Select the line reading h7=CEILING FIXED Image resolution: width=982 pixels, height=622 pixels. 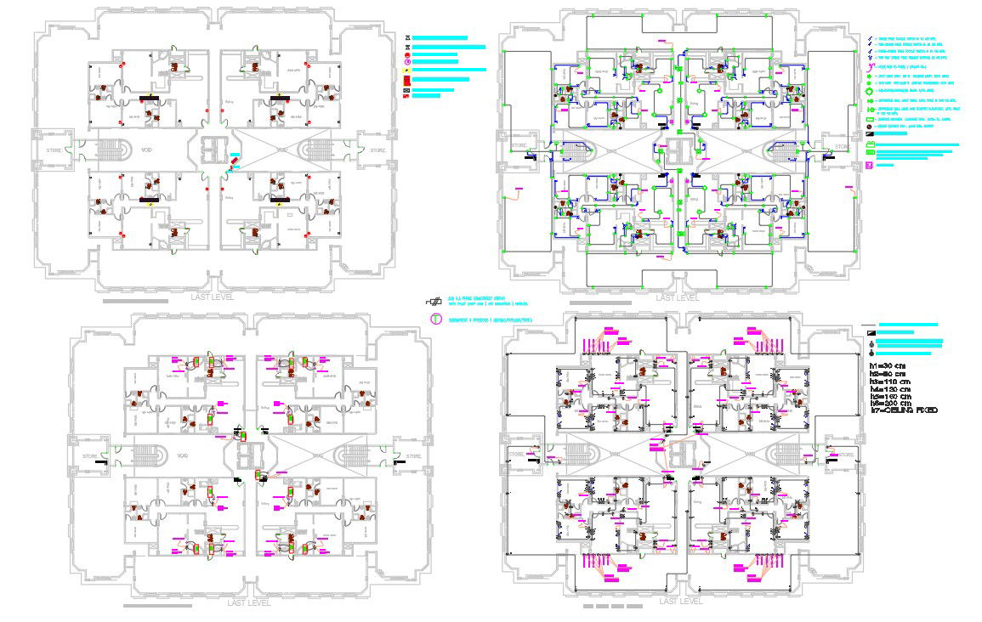pyautogui.click(x=905, y=411)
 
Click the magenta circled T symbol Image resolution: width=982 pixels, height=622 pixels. pyautogui.click(x=434, y=319)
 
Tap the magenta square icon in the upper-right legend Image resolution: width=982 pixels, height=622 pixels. pyautogui.click(x=869, y=165)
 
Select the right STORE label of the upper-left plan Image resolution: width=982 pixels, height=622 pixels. pyautogui.click(x=377, y=150)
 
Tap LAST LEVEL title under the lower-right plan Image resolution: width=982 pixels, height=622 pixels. pyautogui.click(x=680, y=601)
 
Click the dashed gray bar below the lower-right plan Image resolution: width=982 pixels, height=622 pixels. pyautogui.click(x=613, y=608)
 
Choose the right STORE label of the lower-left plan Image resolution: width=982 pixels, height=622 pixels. pyautogui.click(x=413, y=456)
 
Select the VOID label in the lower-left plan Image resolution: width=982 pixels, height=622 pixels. pyautogui.click(x=181, y=455)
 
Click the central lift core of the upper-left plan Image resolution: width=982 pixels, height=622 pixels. pyautogui.click(x=210, y=150)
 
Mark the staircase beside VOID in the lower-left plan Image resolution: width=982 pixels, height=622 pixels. pyautogui.click(x=147, y=455)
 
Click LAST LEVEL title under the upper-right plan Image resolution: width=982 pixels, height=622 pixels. pyautogui.click(x=678, y=297)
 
